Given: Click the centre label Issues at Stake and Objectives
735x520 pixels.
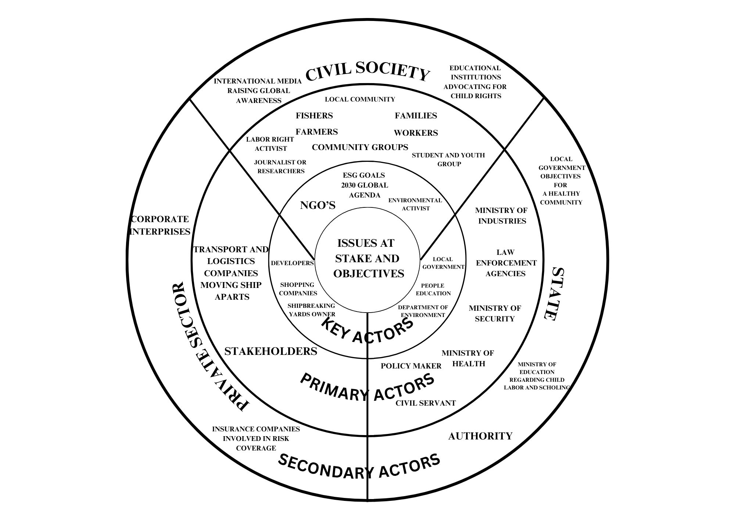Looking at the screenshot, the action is point(367,258).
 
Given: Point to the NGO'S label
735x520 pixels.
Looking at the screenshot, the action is point(318,205).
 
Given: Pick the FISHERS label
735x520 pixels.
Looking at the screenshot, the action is point(314,115).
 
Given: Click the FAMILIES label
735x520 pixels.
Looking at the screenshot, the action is point(416,115).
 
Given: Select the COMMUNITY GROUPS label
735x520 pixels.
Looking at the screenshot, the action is point(360,147).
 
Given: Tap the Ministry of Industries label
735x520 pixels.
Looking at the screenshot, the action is point(502,216).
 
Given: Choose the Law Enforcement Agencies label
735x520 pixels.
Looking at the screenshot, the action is point(506,263).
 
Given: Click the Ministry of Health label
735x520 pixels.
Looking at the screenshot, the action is point(468,358).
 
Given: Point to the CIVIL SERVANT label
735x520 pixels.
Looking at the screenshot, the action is point(426,403).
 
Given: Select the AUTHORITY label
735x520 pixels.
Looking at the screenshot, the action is point(480,436).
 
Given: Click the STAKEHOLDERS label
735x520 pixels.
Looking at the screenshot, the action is point(270,352).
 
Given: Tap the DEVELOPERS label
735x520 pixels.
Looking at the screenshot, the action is point(292,263).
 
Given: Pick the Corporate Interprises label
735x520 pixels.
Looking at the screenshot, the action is point(160,225).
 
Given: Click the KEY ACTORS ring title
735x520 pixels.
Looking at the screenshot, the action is point(367,331).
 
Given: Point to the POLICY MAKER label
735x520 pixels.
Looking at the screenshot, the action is point(411,366).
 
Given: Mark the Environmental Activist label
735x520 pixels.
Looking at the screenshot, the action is point(415,204).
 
